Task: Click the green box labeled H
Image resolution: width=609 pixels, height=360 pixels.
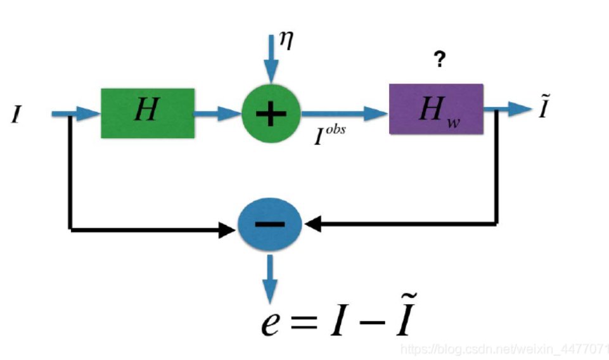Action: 147,113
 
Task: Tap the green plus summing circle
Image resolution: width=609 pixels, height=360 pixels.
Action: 271,113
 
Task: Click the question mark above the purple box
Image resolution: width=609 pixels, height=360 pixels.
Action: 439,61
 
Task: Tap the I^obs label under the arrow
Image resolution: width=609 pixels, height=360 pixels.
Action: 330,136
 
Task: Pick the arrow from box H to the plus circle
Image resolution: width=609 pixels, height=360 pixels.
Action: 217,113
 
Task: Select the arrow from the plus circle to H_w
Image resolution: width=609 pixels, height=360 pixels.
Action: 345,113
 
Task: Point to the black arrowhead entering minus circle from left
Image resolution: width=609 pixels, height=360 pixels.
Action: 227,229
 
